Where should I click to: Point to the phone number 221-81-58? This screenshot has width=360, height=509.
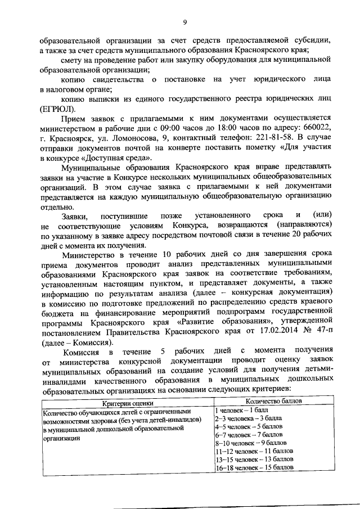pyautogui.click(x=266, y=138)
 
